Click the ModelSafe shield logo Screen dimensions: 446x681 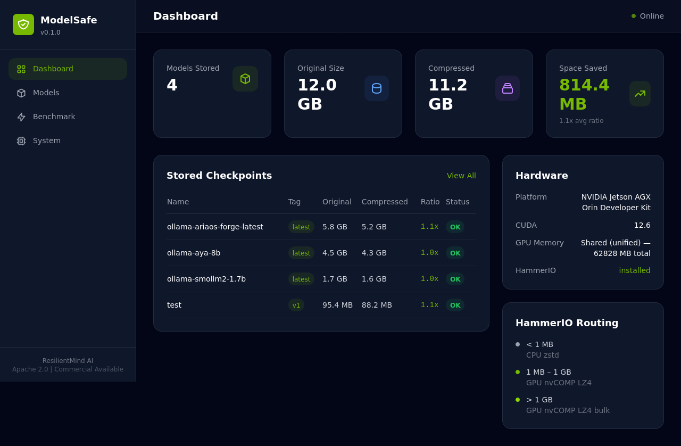[x=23, y=24]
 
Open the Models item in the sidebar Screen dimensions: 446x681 [x=46, y=93]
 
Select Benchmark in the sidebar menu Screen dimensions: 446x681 [x=54, y=117]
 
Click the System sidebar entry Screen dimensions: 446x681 [x=46, y=141]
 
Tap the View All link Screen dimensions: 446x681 [x=461, y=176]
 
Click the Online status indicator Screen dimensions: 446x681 [x=647, y=16]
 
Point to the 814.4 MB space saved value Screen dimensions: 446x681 [x=584, y=94]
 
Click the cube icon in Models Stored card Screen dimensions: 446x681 [x=245, y=79]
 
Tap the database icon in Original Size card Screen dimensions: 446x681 [x=377, y=88]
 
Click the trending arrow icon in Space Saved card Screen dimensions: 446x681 [x=640, y=94]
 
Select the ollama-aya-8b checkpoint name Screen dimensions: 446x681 [x=194, y=253]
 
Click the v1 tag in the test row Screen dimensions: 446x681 [x=296, y=305]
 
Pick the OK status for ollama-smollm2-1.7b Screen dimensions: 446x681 [x=455, y=279]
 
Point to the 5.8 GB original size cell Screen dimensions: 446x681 [x=335, y=227]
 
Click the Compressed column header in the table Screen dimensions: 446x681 [x=385, y=202]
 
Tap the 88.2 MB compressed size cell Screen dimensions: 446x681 [x=377, y=305]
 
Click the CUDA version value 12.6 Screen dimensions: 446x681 [x=642, y=225]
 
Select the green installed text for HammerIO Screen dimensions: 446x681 [x=634, y=270]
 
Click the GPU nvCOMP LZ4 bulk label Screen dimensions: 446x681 [x=568, y=410]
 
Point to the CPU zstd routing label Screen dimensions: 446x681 [x=542, y=355]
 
